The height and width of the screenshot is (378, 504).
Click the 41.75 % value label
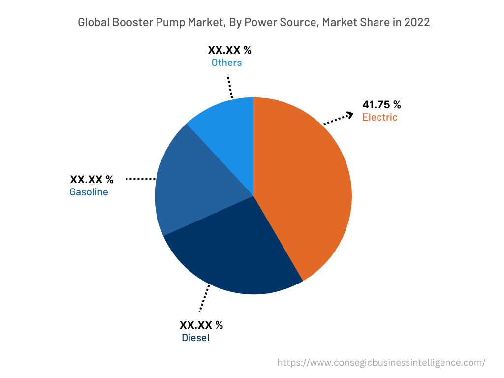381,104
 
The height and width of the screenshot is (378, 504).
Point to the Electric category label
379,117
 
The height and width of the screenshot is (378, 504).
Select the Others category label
226,63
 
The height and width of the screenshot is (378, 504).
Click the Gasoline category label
89,192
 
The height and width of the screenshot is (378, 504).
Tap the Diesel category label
195,338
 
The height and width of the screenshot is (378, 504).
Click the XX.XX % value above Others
229,50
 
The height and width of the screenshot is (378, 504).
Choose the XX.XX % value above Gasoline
92,179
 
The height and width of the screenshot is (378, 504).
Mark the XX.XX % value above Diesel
201,325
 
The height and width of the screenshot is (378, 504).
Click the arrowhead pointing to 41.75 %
349,115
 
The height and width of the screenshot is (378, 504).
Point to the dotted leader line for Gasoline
141,179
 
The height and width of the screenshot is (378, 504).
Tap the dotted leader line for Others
230,87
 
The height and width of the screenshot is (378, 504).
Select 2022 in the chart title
417,23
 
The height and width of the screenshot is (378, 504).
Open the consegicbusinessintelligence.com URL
381,363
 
